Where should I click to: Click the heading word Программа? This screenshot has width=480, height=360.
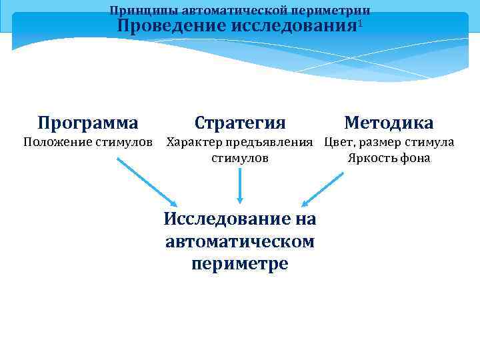[x=88, y=123]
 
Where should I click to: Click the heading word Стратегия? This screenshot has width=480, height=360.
[x=240, y=123]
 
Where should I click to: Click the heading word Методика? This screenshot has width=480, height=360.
[x=389, y=123]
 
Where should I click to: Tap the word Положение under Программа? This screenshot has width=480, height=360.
[x=55, y=143]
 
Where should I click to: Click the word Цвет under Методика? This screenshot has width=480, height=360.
[x=340, y=142]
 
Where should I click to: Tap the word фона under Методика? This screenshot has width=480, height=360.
[x=417, y=159]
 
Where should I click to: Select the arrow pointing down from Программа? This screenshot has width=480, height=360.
[x=147, y=182]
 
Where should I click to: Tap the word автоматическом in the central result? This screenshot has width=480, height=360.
[x=240, y=241]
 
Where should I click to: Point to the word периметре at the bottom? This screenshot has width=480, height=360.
[x=240, y=263]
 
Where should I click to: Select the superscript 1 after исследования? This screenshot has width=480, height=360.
[x=360, y=23]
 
